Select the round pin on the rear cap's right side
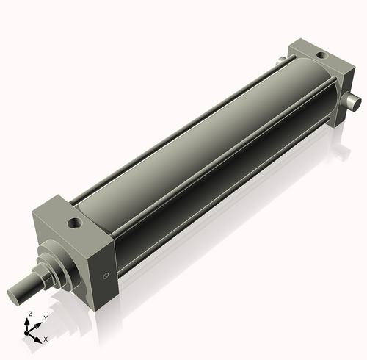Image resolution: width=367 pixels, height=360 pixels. pyautogui.click(x=353, y=101)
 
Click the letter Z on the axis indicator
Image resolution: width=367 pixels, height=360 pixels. pyautogui.click(x=29, y=313)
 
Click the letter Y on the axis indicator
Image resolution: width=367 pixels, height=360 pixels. pyautogui.click(x=46, y=317)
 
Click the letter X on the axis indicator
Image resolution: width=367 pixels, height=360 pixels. pyautogui.click(x=46, y=339)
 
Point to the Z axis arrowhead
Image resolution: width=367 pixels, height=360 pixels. pyautogui.click(x=29, y=320)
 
